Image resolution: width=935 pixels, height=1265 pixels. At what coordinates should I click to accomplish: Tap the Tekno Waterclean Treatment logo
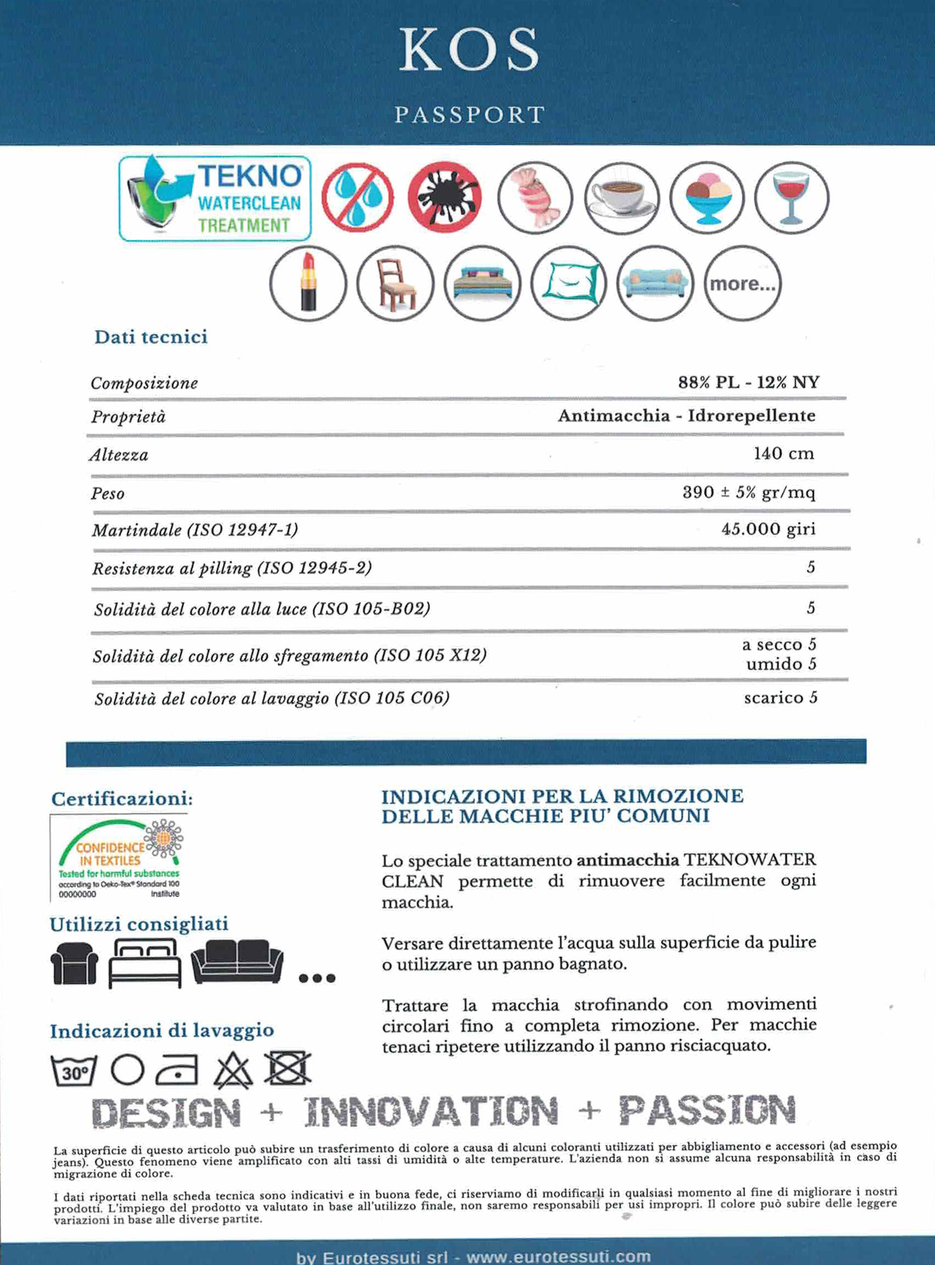coord(215,199)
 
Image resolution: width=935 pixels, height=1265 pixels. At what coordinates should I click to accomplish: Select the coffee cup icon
coord(621,198)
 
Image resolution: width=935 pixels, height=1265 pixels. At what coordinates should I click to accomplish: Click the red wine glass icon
coord(792,198)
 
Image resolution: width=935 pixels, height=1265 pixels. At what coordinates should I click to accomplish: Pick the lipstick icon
coord(308,284)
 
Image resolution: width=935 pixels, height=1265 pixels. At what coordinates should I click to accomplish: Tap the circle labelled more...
coord(743,284)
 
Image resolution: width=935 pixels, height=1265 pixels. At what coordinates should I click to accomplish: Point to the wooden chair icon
coord(395,284)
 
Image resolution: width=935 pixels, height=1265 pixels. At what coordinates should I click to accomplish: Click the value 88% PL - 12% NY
coord(748,383)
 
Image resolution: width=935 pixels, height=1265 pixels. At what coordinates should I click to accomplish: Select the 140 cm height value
coord(784,454)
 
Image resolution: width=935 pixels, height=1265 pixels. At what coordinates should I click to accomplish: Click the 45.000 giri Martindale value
coord(768,529)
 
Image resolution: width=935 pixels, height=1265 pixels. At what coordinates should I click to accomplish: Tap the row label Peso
coord(108,494)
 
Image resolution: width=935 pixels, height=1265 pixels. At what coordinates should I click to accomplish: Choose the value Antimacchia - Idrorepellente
coord(686,416)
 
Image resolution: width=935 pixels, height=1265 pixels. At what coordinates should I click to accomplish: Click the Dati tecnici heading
coord(151,337)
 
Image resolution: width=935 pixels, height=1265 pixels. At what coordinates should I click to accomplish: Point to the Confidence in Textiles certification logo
coord(119,858)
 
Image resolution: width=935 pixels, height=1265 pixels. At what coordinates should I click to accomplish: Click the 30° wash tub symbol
coord(74,1071)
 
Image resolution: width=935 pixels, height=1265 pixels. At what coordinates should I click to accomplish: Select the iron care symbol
coord(177,1070)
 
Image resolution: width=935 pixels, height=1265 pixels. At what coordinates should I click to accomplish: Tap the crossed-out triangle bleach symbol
coord(234,1070)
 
